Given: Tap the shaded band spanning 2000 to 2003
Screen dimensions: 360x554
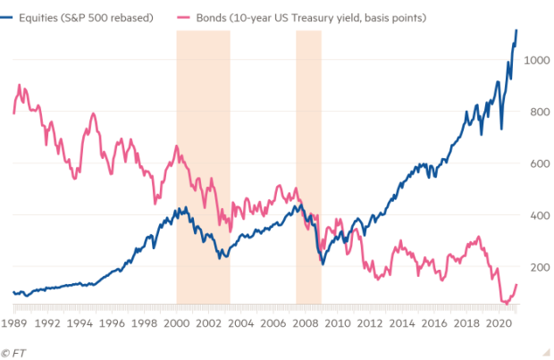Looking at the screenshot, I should [x=203, y=170].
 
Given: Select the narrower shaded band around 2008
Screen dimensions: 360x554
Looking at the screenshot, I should [x=308, y=170].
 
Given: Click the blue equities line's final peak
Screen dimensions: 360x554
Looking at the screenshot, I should [x=516, y=31].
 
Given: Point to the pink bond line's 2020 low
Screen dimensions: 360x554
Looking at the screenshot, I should [x=505, y=304].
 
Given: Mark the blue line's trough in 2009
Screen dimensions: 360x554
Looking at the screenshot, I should [x=323, y=264].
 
